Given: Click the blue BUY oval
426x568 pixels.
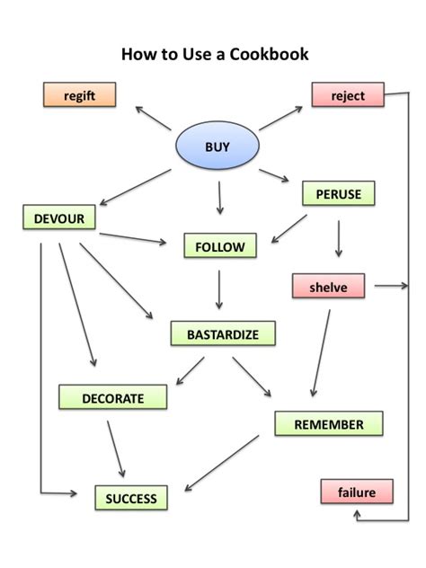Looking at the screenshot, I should pyautogui.click(x=217, y=146).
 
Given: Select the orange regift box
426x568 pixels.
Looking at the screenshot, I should pyautogui.click(x=80, y=93).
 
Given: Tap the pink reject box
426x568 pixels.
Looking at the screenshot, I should pyautogui.click(x=348, y=93).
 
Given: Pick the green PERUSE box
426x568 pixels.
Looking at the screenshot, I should pyautogui.click(x=338, y=193).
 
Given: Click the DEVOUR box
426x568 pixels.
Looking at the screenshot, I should pyautogui.click(x=58, y=217).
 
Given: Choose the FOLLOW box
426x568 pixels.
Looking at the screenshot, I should pyautogui.click(x=219, y=245).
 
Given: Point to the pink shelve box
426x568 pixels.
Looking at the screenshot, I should pyautogui.click(x=329, y=287).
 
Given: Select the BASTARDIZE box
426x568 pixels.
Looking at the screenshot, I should pyautogui.click(x=222, y=334).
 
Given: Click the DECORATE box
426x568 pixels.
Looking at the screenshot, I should pyautogui.click(x=112, y=397).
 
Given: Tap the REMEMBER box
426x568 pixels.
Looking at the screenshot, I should pyautogui.click(x=328, y=424).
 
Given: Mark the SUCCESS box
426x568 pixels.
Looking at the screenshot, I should pyautogui.click(x=130, y=498).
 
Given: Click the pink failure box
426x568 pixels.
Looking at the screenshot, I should pyautogui.click(x=356, y=493).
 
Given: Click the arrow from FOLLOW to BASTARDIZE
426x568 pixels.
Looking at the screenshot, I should pyautogui.click(x=219, y=290).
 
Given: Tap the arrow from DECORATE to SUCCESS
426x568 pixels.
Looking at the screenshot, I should pyautogui.click(x=115, y=446).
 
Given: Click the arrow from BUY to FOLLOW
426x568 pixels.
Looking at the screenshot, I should pyautogui.click(x=218, y=198).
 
